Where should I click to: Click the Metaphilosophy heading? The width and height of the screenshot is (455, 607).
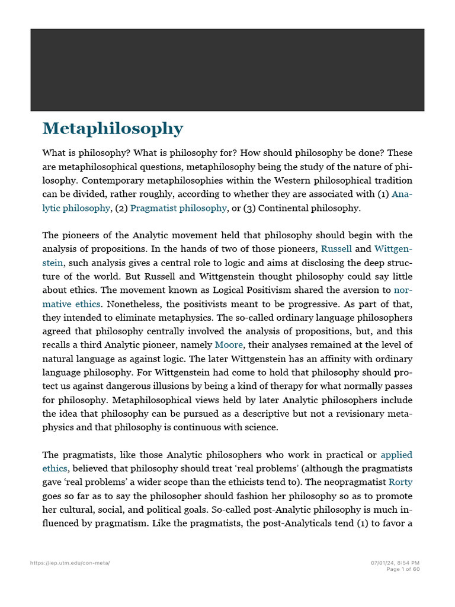point(113,129)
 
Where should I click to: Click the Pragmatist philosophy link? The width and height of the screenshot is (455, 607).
point(178,207)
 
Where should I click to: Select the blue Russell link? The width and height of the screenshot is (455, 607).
point(336,249)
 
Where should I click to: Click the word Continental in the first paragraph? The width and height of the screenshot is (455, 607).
point(284,207)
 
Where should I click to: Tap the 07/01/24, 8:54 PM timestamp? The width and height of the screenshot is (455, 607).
point(395,563)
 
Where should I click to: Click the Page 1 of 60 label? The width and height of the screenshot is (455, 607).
point(403,569)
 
